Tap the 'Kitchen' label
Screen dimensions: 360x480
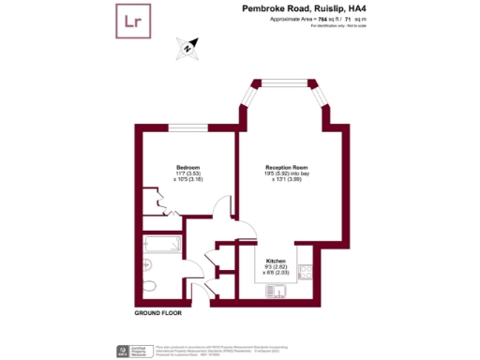275,260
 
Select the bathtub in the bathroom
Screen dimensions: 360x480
163,246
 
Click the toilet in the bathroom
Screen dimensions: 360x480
156,285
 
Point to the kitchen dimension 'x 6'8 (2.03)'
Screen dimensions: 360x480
276,275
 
